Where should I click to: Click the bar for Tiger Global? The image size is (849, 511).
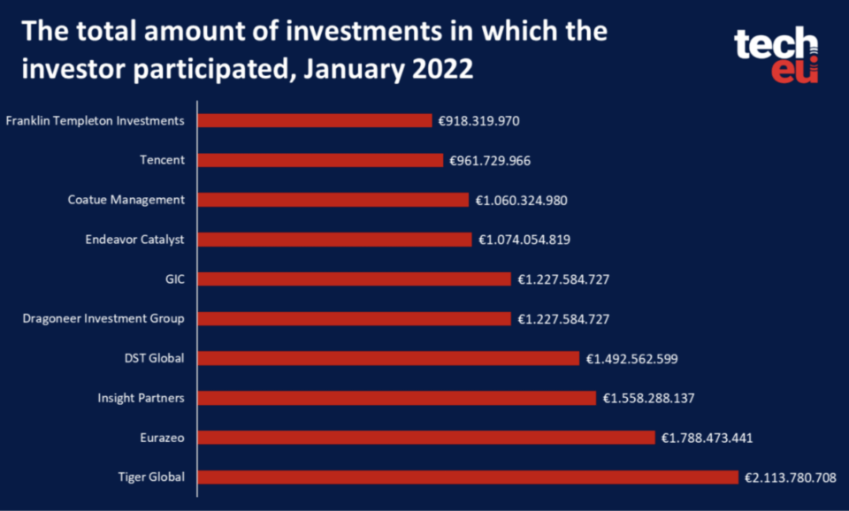pos(467,477)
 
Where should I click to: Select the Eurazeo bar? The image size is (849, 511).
pos(425,438)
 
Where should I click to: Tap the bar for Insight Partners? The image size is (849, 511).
pos(396,398)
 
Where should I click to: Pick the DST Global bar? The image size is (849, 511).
pos(387,358)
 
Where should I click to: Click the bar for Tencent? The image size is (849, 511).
pos(319,160)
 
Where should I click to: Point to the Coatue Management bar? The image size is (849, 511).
pos(333,200)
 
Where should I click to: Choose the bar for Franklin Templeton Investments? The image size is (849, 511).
pos(314,120)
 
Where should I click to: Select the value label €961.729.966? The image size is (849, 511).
pos(490,161)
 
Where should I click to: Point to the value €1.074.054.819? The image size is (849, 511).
pos(524,240)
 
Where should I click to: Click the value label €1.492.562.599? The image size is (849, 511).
pos(631,358)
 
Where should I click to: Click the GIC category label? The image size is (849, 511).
pos(174,278)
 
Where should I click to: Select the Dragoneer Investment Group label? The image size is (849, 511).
pos(103,318)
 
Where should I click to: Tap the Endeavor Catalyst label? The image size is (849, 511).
pos(135,239)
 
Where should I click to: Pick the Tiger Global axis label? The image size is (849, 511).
pos(151,477)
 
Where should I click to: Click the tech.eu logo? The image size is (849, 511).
pos(776,55)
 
